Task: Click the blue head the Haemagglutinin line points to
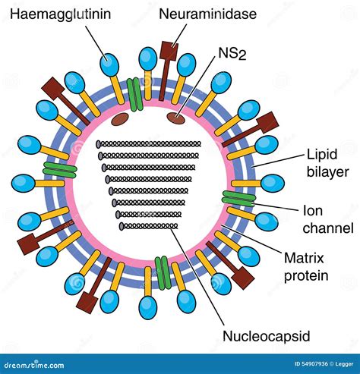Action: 109,64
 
